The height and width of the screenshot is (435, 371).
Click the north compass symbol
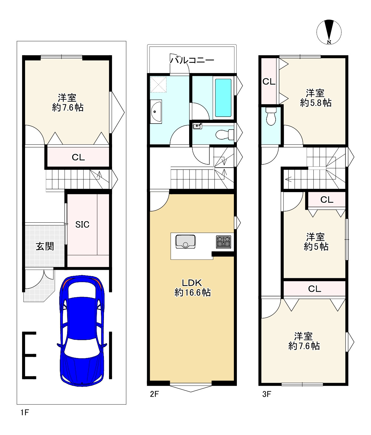(x=329, y=32)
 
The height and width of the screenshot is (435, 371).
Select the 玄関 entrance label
(x=45, y=246)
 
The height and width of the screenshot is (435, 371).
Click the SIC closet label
(x=82, y=224)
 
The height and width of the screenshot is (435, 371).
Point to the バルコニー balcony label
(x=192, y=60)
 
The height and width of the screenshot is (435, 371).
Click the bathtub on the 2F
(x=223, y=98)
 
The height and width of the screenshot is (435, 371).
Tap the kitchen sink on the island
(x=185, y=242)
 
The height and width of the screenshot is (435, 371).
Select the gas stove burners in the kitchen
(x=224, y=242)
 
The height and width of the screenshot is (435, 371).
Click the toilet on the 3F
(x=271, y=116)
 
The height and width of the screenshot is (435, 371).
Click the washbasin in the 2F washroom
(x=156, y=111)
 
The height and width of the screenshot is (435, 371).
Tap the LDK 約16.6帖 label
(x=192, y=288)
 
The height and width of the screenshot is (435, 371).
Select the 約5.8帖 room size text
(x=316, y=103)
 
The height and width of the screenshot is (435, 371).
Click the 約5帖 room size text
(x=316, y=246)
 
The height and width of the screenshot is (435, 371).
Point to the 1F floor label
(x=24, y=412)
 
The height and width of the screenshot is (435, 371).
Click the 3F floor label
(x=267, y=394)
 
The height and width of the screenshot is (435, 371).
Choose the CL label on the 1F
(x=78, y=157)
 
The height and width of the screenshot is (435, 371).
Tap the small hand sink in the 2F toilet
(x=197, y=126)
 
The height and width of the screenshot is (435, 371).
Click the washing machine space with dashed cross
(x=158, y=84)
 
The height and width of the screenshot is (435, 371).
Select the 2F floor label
(x=154, y=394)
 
